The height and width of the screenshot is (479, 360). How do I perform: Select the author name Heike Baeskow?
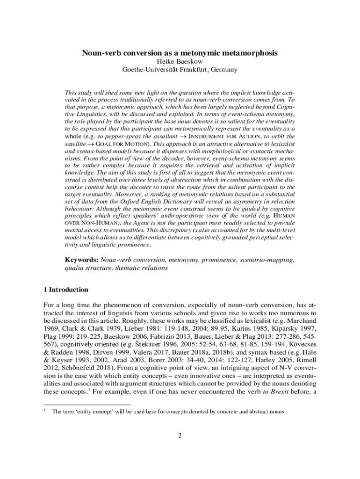180,62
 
